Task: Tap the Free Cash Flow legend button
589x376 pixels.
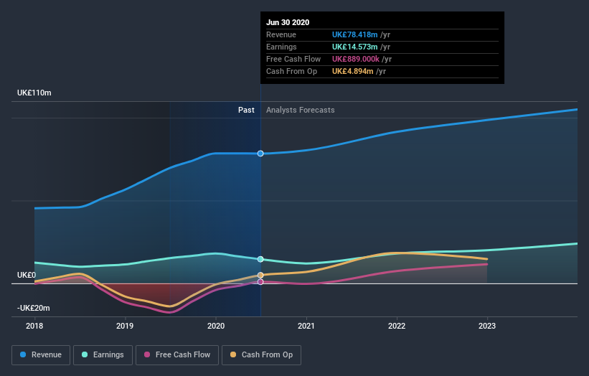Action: pyautogui.click(x=177, y=354)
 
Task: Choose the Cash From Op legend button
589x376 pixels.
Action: pyautogui.click(x=262, y=354)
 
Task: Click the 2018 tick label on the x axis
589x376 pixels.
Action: pyautogui.click(x=34, y=325)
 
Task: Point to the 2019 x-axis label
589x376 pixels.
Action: pyautogui.click(x=125, y=325)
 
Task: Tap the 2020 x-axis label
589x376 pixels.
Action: pyautogui.click(x=215, y=325)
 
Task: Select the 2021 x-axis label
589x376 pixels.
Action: pyautogui.click(x=306, y=325)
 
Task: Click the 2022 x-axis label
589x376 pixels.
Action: pyautogui.click(x=397, y=325)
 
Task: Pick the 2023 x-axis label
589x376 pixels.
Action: pyautogui.click(x=487, y=325)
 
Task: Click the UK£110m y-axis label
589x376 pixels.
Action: pyautogui.click(x=34, y=93)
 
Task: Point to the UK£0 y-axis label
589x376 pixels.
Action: pyautogui.click(x=27, y=275)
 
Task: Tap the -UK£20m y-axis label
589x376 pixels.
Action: pyautogui.click(x=34, y=308)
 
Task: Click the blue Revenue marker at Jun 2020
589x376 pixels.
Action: pyautogui.click(x=260, y=154)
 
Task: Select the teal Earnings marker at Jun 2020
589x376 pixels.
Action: pyautogui.click(x=260, y=259)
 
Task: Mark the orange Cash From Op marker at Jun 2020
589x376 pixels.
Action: pyautogui.click(x=260, y=275)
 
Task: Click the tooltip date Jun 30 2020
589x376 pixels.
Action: pyautogui.click(x=288, y=22)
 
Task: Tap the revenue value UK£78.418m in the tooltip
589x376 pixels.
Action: pyautogui.click(x=358, y=34)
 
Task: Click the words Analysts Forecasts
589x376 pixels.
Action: pyautogui.click(x=300, y=110)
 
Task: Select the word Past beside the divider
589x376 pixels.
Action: pyautogui.click(x=246, y=110)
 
